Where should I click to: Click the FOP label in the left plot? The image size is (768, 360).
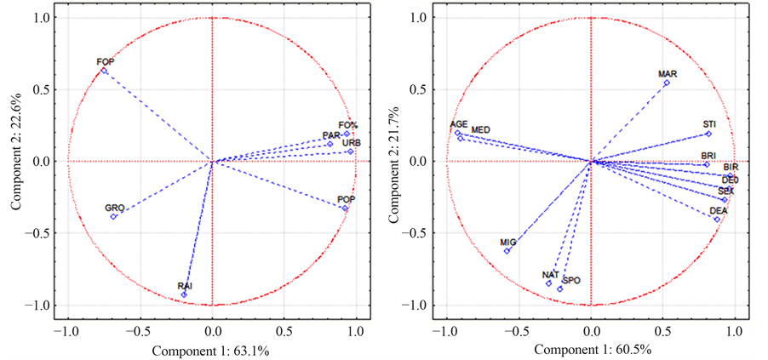[x=106, y=62]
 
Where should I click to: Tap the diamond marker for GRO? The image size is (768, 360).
[x=113, y=217]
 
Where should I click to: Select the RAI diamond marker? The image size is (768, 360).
[x=184, y=294]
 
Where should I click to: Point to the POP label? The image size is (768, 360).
[x=347, y=199]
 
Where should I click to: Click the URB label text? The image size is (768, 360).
[x=352, y=143]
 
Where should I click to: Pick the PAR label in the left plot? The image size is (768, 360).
[x=331, y=136]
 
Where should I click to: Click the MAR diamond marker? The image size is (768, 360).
[x=667, y=83]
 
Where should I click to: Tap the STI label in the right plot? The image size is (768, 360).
[x=709, y=124]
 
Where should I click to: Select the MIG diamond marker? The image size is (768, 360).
[x=507, y=251]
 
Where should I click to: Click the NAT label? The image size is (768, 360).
[x=550, y=275]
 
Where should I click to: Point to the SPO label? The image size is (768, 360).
[x=571, y=279]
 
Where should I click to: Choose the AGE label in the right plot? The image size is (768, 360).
[x=459, y=124]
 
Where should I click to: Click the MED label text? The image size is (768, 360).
[x=480, y=129]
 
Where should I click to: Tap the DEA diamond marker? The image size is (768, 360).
[x=717, y=220]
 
